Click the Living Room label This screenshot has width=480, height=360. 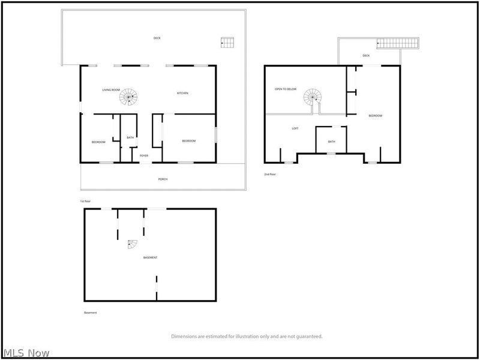coord(111,90)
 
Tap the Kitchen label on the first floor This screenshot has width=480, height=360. coord(182,93)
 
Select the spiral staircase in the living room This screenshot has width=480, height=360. coord(128,97)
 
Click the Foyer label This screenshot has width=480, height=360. coord(144,156)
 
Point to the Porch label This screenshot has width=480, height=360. coord(163,179)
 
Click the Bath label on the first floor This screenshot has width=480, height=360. coord(130,138)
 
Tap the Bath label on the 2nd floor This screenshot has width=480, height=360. coord(331,142)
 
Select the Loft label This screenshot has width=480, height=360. coord(295,128)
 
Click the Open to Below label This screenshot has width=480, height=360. coord(286,89)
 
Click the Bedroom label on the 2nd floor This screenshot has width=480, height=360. coord(375,115)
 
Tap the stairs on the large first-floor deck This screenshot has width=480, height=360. coord(227,42)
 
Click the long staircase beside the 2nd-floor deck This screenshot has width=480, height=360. coord(397,43)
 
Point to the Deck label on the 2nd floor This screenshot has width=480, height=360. coord(366,56)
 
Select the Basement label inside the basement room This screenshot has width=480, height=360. coord(150,257)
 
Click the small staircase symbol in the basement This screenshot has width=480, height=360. coord(132,244)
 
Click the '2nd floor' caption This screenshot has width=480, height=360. coord(270,174)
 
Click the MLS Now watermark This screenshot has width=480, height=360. coord(26,353)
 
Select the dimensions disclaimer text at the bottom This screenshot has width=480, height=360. coord(247,337)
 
